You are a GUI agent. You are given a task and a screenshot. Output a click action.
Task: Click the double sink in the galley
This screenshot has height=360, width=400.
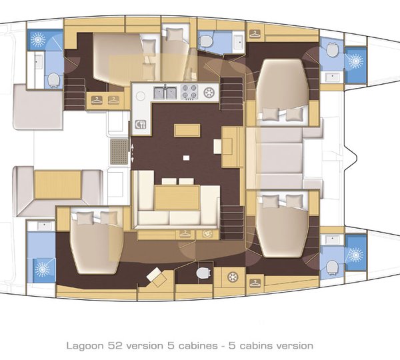(x=165, y=93)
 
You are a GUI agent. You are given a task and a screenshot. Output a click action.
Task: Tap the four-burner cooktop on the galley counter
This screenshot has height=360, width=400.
(x=189, y=92)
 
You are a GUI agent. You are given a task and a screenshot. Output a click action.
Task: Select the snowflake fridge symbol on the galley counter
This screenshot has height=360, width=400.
(x=209, y=93)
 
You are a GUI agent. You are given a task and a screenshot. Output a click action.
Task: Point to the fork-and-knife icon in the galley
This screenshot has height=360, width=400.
(x=140, y=124)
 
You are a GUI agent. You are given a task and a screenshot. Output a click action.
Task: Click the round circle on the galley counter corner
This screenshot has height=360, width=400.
(x=140, y=96)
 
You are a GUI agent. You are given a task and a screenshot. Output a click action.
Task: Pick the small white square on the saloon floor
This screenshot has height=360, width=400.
(x=186, y=158)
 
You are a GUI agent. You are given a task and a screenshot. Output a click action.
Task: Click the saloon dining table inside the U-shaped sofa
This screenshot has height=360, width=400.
(x=177, y=198)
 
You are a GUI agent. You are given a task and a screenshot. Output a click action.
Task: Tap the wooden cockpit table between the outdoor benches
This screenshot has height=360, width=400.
(x=58, y=185)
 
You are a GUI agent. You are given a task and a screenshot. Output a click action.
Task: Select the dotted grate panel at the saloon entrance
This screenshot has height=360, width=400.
(x=119, y=151)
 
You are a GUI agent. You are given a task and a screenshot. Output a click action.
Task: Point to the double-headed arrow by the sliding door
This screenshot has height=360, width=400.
(x=132, y=153)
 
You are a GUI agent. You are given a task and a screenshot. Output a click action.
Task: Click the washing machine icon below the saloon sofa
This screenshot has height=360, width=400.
(x=207, y=234)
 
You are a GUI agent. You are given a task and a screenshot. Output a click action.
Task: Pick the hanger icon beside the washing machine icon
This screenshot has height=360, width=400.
(x=185, y=234)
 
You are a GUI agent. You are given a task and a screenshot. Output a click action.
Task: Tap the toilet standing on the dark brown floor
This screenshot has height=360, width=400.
(x=203, y=273)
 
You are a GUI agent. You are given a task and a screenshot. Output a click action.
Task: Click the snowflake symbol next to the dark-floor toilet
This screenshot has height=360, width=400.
(x=233, y=277)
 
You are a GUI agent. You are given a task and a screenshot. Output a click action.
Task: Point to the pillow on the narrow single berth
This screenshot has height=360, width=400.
(x=174, y=35)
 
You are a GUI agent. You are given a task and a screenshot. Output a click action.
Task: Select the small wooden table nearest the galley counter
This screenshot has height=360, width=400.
(x=187, y=130)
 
